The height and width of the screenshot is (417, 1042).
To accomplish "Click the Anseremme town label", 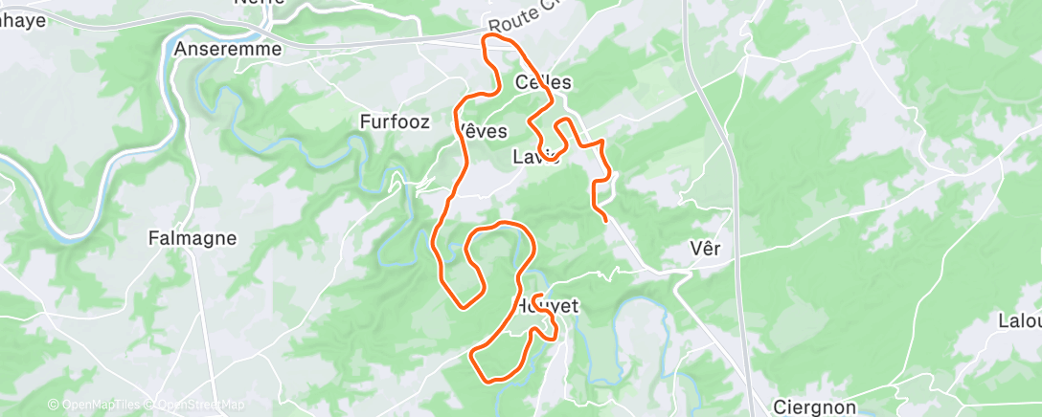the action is [228, 48].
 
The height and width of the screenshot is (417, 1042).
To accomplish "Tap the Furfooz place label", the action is [391, 121].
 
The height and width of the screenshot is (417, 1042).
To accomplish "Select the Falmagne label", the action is [193, 238].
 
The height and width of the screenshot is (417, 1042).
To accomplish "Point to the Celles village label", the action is [543, 82].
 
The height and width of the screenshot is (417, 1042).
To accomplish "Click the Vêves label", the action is [483, 130].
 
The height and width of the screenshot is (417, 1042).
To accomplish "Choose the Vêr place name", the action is [705, 249].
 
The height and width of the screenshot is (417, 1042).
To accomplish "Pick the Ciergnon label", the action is [814, 407].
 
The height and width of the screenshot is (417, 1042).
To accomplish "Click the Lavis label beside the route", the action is [535, 157].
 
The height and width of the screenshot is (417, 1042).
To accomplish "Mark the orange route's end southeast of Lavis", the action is [605, 221].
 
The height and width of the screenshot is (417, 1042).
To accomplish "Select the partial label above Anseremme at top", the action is [260, 4].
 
